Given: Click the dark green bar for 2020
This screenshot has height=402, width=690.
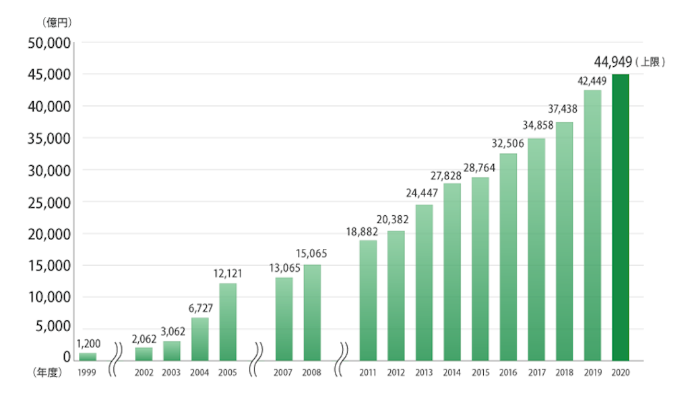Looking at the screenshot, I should pyautogui.click(x=620, y=217).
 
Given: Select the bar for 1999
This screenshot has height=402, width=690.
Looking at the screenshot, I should pyautogui.click(x=88, y=356).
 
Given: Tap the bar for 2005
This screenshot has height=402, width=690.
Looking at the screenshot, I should pyautogui.click(x=228, y=322).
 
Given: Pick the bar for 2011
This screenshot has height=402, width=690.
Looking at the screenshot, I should pyautogui.click(x=368, y=300).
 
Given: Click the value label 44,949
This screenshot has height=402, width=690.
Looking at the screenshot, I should pyautogui.click(x=613, y=62).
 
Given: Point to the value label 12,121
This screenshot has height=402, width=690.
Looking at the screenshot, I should pyautogui.click(x=228, y=274).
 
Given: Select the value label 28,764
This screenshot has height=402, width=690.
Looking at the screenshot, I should pyautogui.click(x=480, y=167).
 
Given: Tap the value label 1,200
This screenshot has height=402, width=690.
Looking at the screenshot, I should pyautogui.click(x=88, y=343).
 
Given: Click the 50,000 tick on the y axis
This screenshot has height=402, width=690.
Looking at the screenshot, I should pyautogui.click(x=49, y=43).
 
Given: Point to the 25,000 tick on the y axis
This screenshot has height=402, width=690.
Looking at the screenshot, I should pyautogui.click(x=49, y=202).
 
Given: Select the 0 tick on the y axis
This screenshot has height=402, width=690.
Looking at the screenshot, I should pyautogui.click(x=67, y=356).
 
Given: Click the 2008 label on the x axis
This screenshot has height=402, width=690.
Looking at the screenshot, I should pyautogui.click(x=312, y=373).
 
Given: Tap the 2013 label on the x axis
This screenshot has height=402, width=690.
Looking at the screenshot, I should pyautogui.click(x=424, y=373).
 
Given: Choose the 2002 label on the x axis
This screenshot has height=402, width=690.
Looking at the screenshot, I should pyautogui.click(x=144, y=373).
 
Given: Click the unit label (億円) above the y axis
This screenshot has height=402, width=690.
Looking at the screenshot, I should pyautogui.click(x=56, y=22).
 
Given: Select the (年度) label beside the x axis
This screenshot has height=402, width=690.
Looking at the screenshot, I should pyautogui.click(x=47, y=372).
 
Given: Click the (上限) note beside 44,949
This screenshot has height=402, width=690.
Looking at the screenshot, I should pyautogui.click(x=650, y=62).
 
